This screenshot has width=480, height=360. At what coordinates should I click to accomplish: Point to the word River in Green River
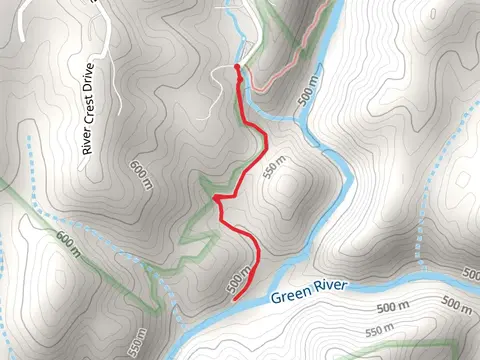pyautogui.click(x=330, y=287)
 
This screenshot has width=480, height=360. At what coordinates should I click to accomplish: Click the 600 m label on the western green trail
pyautogui.click(x=67, y=243)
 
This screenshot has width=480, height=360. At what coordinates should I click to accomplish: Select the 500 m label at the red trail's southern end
pyautogui.click(x=239, y=279)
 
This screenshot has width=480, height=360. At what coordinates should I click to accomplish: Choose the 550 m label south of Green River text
pyautogui.click(x=381, y=329)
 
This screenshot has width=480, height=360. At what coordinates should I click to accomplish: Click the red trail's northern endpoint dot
pyautogui.click(x=237, y=67)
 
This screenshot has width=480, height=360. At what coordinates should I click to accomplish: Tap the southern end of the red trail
pyautogui.click(x=234, y=299)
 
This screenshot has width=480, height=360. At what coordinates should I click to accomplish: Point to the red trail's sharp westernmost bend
pyautogui.click(x=215, y=199)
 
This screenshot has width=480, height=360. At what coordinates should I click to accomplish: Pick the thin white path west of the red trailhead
pyautogui.click(x=215, y=100)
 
